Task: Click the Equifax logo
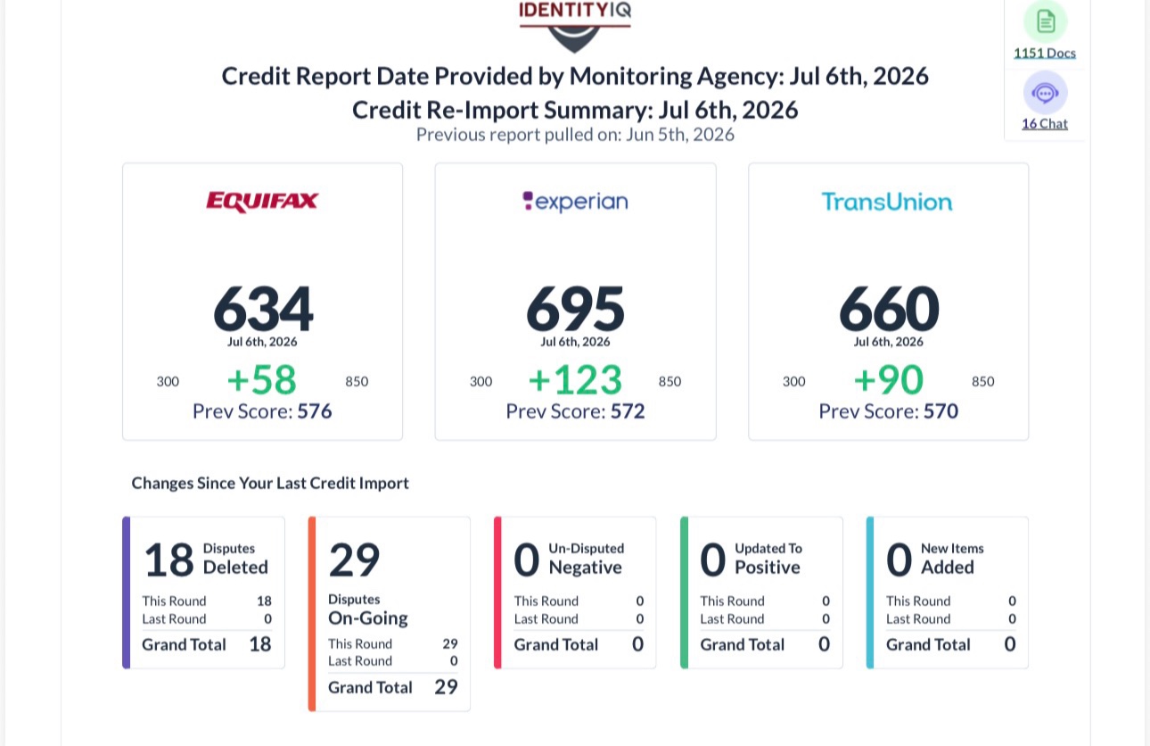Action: tap(262, 202)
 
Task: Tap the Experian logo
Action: tap(575, 202)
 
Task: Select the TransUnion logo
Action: tap(887, 202)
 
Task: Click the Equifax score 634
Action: tap(263, 308)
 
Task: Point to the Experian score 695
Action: tap(575, 308)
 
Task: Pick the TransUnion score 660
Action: tap(889, 308)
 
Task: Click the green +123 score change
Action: tap(575, 379)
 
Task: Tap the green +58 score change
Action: tap(262, 379)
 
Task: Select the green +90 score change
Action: tap(888, 379)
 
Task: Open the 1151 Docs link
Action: tap(1045, 53)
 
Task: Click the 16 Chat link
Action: tap(1045, 124)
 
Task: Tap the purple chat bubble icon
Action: tap(1046, 93)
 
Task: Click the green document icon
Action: tap(1046, 21)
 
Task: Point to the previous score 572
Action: tap(628, 411)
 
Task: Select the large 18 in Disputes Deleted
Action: tap(168, 559)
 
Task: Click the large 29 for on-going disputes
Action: tap(354, 559)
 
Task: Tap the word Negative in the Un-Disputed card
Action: tap(586, 568)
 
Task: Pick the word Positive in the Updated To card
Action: tap(768, 568)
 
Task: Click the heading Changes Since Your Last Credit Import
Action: tap(270, 483)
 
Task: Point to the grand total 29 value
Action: tap(446, 687)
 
